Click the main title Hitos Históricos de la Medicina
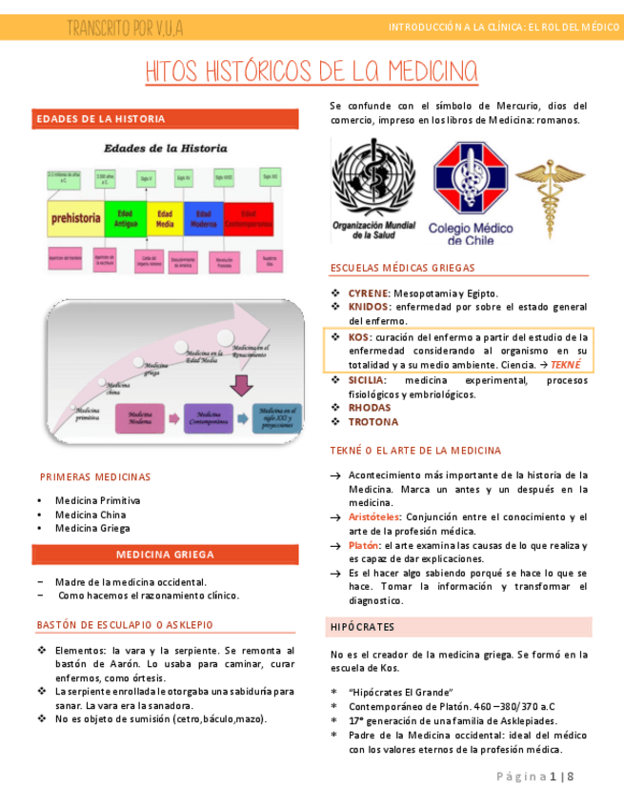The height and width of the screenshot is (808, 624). [312, 71]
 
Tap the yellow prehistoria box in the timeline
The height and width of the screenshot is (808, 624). [75, 218]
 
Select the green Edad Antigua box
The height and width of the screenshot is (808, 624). [125, 218]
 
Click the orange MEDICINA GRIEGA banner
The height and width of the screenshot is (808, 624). [165, 555]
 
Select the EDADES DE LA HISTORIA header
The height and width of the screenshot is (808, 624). [100, 119]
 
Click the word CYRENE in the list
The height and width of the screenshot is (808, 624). [369, 293]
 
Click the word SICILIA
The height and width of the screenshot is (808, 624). [367, 380]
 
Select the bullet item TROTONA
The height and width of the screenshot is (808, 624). [372, 422]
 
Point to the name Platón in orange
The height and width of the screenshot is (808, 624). [363, 545]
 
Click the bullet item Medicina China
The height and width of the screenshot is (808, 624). [91, 515]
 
